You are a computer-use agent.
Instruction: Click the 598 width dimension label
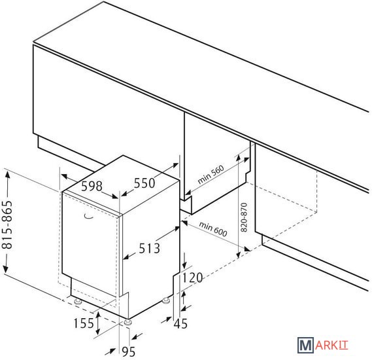coord(92,186)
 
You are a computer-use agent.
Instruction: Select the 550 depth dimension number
coord(144,183)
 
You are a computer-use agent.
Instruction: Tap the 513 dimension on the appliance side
coord(149,248)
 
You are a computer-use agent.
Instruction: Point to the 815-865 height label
coord(7,225)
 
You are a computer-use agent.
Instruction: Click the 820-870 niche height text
coord(244,217)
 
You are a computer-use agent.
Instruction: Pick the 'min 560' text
coord(211,175)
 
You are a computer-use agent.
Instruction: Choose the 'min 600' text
coord(213,229)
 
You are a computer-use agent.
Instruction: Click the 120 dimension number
coord(192,278)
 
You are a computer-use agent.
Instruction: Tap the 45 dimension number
coord(180,323)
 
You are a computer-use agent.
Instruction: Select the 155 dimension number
coord(84,323)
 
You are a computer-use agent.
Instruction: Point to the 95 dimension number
coord(128,351)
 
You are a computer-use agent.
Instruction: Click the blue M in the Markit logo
coord(306,346)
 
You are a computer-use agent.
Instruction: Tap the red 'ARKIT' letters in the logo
coord(331,346)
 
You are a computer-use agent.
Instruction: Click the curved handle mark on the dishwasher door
coord(89,217)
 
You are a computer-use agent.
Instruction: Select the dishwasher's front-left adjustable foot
coord(78,302)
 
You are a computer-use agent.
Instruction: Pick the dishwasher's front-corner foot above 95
coord(128,322)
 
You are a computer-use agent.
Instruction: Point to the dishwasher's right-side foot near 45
coord(166,301)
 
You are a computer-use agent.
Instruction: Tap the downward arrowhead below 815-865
coord(6,269)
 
